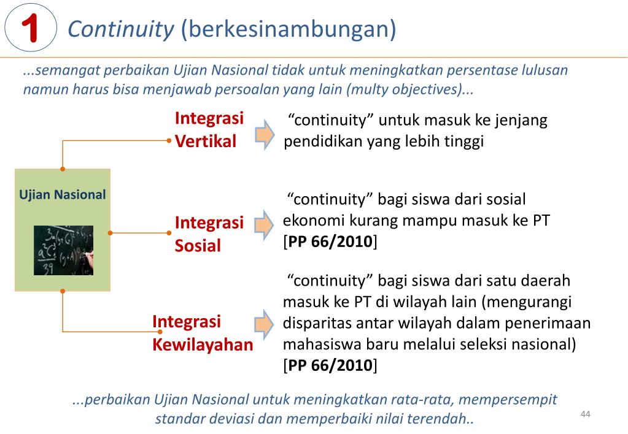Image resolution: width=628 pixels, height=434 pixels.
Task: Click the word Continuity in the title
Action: pos(121,28)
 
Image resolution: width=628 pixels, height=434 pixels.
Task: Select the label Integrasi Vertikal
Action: pos(209,129)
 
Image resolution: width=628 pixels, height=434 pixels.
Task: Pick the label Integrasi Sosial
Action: pos(209,234)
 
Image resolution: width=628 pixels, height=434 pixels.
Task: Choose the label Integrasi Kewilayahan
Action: pos(202,333)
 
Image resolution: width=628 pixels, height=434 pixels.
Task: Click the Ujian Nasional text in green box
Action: pos(63,196)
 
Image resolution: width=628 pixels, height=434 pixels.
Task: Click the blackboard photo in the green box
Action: pos(63,249)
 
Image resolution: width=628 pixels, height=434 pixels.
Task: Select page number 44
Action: pos(584,414)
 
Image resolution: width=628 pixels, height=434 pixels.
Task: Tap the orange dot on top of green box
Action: pos(63,169)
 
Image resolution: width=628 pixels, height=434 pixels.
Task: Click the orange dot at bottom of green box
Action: pos(63,291)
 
